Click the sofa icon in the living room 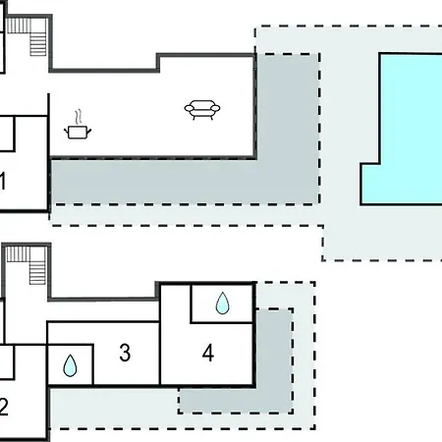(202, 110)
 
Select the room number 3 (125, 353)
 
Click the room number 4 (208, 353)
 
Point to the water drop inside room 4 (223, 304)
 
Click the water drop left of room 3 (70, 365)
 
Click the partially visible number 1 (3, 181)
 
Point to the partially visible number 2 (4, 407)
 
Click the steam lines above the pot (78, 117)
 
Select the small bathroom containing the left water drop (71, 364)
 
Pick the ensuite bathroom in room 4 (222, 304)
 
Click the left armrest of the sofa (190, 108)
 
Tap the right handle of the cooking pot (89, 132)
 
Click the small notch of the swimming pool (370, 184)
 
